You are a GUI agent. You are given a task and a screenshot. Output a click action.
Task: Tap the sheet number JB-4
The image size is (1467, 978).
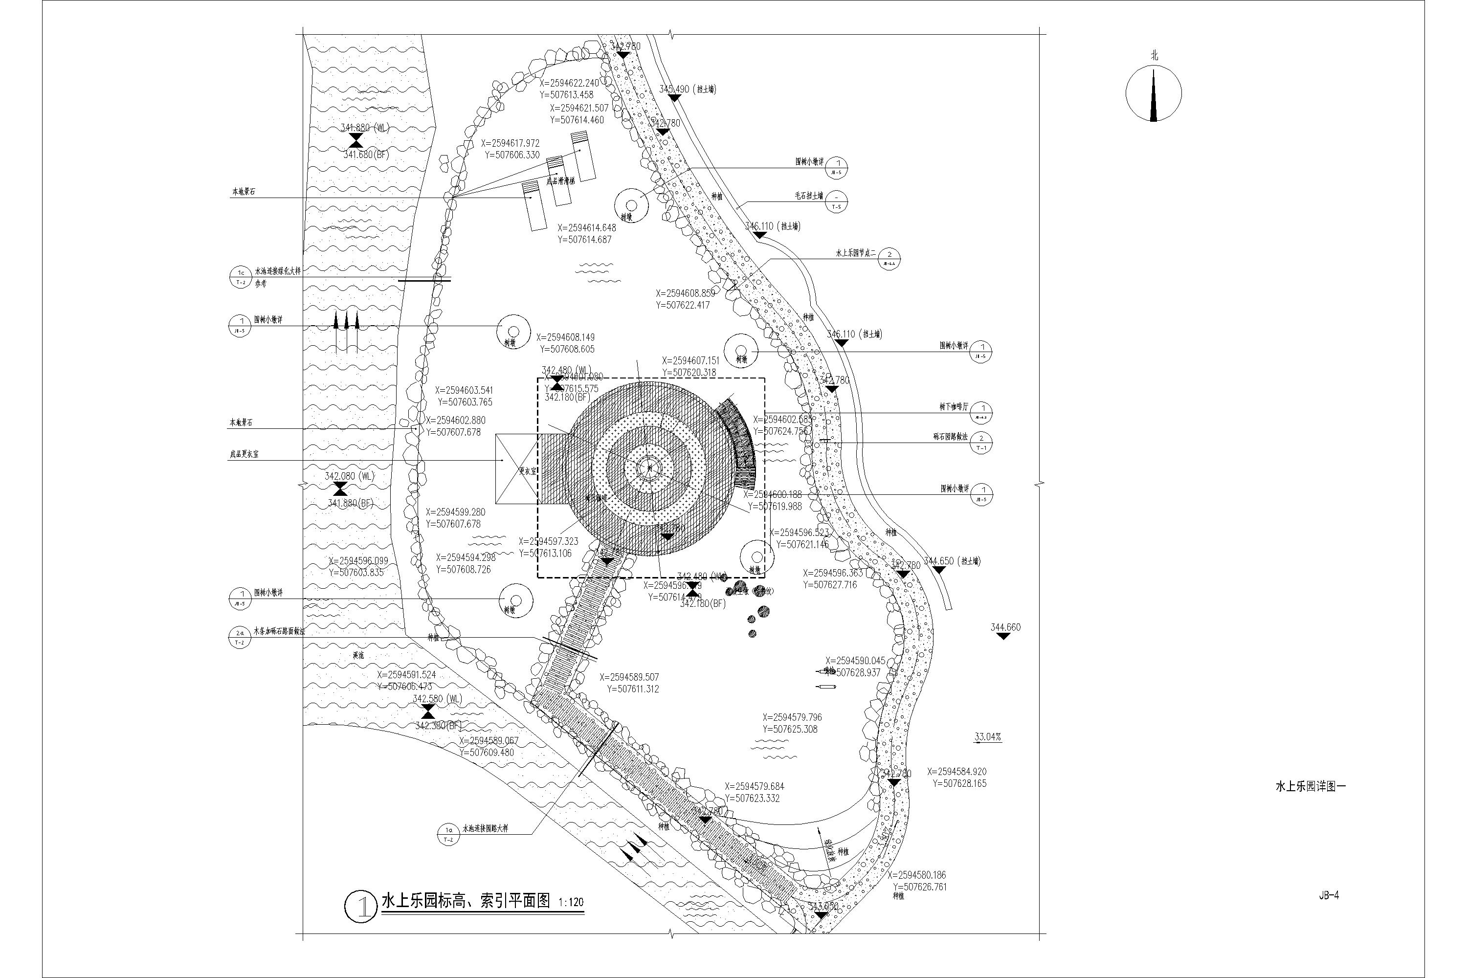(x=1329, y=895)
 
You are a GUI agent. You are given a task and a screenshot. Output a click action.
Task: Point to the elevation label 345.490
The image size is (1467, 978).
(x=674, y=89)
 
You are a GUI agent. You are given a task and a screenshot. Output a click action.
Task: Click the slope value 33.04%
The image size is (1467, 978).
(x=987, y=736)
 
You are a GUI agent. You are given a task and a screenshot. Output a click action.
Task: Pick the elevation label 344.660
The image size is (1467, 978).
(x=1005, y=627)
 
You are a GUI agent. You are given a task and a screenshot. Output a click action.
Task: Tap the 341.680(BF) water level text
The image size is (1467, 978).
(x=365, y=155)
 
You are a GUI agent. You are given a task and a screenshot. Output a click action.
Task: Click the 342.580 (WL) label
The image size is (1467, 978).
(x=437, y=699)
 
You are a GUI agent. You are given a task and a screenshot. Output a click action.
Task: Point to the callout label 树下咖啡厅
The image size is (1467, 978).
(x=954, y=407)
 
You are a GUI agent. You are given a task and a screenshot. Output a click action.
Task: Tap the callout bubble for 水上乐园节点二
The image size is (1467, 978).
(x=889, y=257)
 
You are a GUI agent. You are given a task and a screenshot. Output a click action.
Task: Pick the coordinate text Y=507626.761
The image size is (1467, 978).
(x=919, y=886)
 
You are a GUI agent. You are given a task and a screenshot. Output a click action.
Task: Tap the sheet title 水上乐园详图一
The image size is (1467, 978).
(x=1311, y=786)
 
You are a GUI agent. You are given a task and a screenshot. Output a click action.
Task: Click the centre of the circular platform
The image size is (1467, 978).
(x=650, y=467)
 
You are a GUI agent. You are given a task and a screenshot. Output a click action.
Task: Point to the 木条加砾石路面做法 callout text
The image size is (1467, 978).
(x=279, y=631)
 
